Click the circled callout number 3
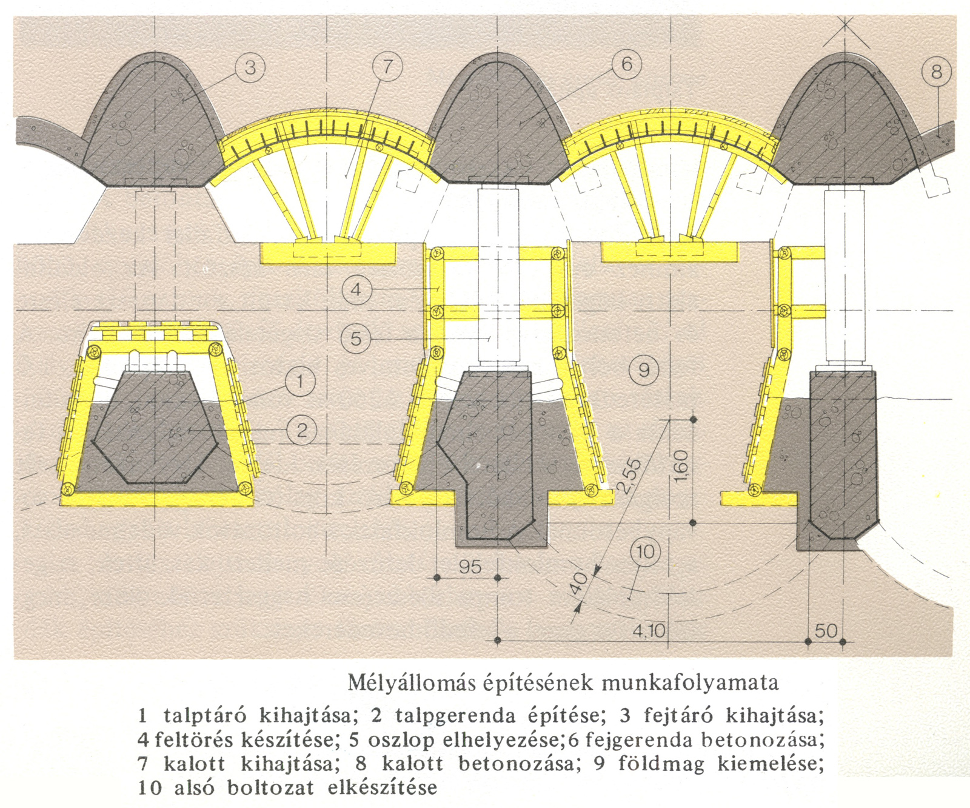pos(250,68)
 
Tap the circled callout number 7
pos(388,67)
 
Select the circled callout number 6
pos(626,64)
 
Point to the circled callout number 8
pos(936,72)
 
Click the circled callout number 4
pos(356,289)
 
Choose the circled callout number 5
pos(356,338)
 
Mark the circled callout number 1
pos(299,382)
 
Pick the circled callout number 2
pos(301,430)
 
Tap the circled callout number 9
pos(644,369)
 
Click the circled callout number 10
pos(645,551)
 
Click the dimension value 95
pos(470,567)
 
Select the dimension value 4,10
pos(649,631)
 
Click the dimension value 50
pos(826,631)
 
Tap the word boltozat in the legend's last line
pos(270,788)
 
